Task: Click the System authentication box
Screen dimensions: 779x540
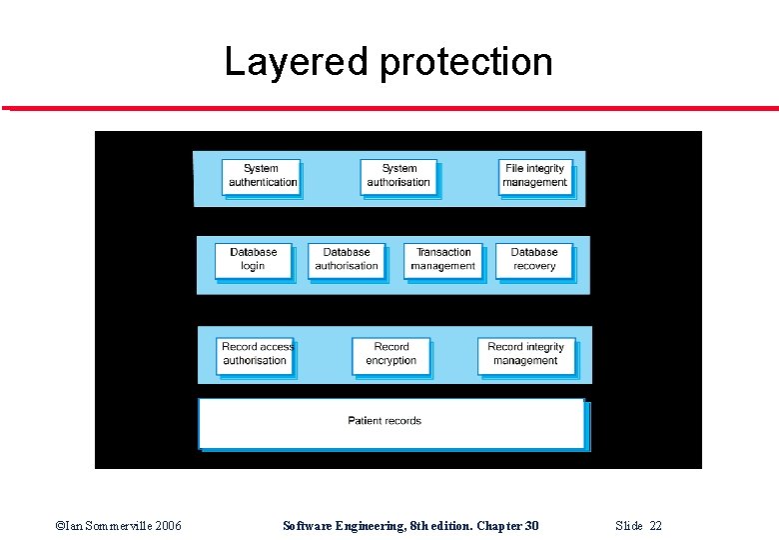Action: tap(261, 176)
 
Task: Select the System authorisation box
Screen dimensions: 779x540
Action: tap(398, 176)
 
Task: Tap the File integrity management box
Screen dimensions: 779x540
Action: tap(535, 176)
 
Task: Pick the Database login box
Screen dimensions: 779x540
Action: tap(253, 259)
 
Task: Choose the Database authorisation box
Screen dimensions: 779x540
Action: tap(347, 259)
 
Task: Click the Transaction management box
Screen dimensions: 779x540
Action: tap(443, 259)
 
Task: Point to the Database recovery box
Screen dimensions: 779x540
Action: tap(534, 259)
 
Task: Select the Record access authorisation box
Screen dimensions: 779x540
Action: tap(256, 354)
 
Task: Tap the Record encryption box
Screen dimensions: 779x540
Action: tap(391, 354)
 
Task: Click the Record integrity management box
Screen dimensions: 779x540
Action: tap(525, 354)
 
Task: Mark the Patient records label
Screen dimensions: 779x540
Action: tap(385, 421)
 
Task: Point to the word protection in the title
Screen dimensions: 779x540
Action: tap(466, 62)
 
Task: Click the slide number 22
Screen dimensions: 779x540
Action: tap(655, 526)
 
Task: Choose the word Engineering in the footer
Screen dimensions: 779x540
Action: tap(373, 526)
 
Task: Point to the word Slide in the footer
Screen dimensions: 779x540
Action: tap(629, 526)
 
